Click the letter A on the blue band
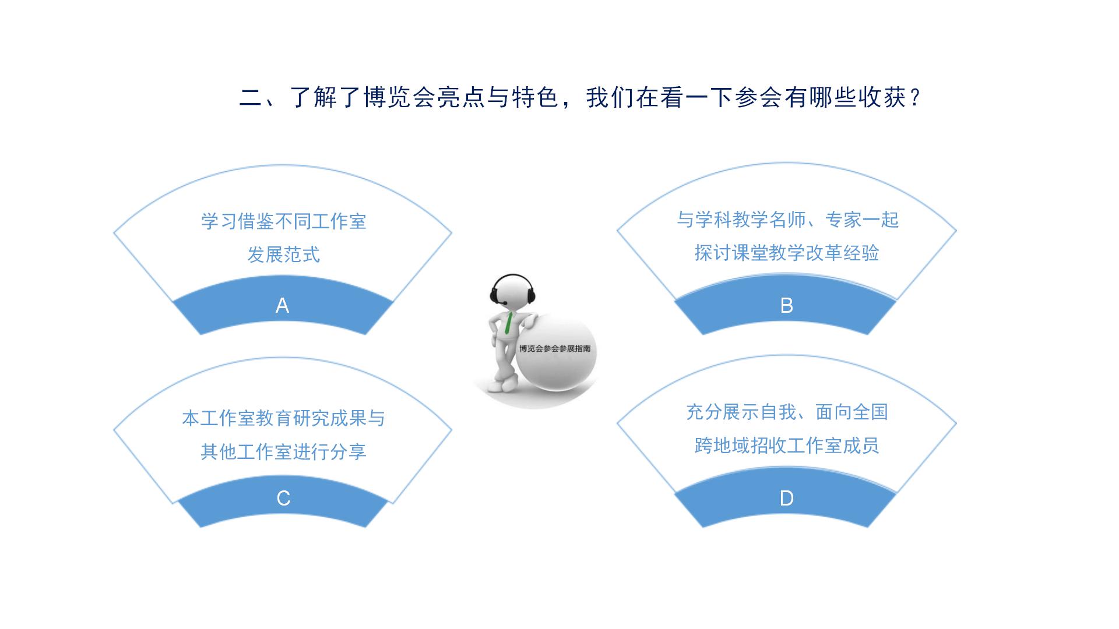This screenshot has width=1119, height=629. [x=282, y=305]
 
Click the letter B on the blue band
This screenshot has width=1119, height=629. [x=786, y=305]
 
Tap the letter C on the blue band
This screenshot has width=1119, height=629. [x=283, y=498]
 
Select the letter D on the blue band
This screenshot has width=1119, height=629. [x=786, y=498]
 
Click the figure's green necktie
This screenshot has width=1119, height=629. [x=509, y=323]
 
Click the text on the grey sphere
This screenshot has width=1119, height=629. [x=555, y=348]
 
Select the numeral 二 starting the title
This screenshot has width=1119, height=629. [x=251, y=97]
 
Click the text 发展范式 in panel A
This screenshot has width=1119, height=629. [x=283, y=255]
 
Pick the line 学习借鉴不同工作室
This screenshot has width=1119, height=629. [x=283, y=221]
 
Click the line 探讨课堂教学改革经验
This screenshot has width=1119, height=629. [x=786, y=253]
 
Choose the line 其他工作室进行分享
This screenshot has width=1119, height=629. [x=283, y=451]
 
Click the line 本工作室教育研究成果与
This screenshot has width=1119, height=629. [x=283, y=418]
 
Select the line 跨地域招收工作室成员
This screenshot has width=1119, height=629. [x=786, y=446]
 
